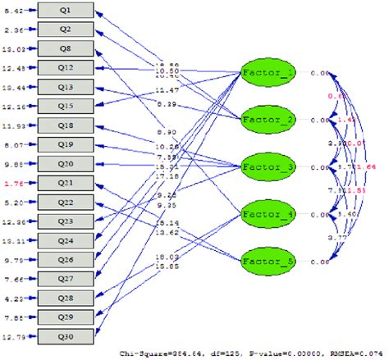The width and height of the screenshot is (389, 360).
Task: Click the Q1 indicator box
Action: click(66, 10)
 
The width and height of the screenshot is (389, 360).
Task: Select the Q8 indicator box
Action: click(66, 48)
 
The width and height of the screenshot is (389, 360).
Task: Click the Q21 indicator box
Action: click(66, 182)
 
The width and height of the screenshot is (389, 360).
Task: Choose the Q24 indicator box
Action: click(66, 239)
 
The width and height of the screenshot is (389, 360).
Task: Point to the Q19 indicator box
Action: click(66, 144)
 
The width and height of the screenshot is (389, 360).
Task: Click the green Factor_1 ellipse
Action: click(268, 73)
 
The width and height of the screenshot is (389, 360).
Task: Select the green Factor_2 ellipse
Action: click(268, 120)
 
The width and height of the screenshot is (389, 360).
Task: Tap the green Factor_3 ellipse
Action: click(268, 167)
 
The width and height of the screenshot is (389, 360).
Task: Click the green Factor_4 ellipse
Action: click(268, 215)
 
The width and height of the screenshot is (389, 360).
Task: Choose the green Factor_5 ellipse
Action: click(268, 262)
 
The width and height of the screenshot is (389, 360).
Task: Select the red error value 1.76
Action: click(14, 183)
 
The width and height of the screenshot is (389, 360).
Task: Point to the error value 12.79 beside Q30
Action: click(14, 335)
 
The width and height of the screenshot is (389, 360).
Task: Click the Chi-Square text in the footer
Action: click(246, 353)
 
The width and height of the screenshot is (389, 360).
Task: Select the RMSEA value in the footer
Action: click(360, 353)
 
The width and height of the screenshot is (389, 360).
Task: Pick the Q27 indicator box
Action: click(66, 278)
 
